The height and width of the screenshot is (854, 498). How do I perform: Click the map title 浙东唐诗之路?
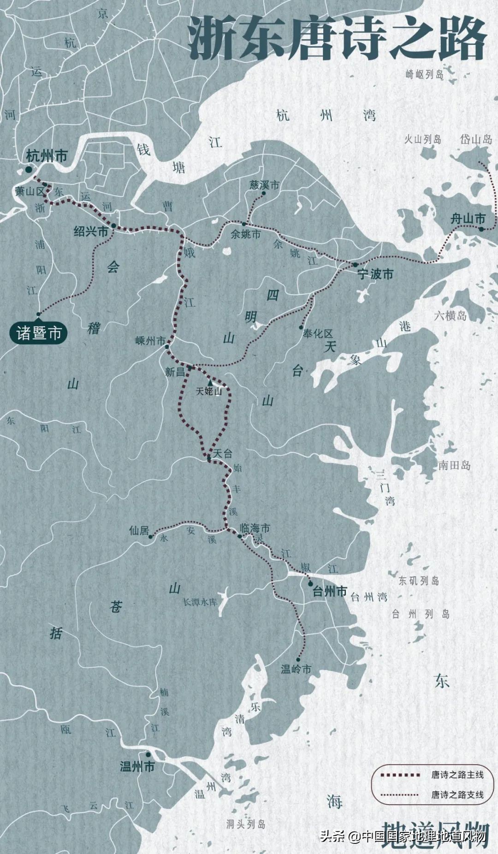[337, 39]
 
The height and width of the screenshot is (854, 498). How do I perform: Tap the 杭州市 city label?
[47, 156]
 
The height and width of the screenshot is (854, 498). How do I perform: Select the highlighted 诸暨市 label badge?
[39, 332]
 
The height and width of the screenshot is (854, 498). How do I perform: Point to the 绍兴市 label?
[91, 231]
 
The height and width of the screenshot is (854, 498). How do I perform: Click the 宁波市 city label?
[375, 274]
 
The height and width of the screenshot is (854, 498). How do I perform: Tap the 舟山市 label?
[468, 219]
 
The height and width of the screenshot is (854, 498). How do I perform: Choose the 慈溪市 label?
[265, 185]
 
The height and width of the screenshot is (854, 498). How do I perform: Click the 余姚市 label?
[245, 234]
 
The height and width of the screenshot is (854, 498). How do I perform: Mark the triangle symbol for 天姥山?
[210, 383]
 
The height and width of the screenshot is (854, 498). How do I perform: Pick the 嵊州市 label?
[150, 341]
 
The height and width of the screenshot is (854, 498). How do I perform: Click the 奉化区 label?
[318, 333]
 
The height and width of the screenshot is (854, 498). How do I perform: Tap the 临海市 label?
[255, 528]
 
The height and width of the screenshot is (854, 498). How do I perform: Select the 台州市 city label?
[330, 591]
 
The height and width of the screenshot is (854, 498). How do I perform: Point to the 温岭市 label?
[296, 669]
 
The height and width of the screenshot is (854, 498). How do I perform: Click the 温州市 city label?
[137, 767]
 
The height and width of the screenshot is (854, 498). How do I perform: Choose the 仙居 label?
[139, 531]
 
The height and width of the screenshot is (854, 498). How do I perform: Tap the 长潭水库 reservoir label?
[200, 602]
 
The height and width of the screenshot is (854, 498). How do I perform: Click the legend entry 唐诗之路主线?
[457, 775]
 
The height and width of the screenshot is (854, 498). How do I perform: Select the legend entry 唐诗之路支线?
[457, 795]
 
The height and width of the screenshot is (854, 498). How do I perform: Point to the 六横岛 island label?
[450, 315]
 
